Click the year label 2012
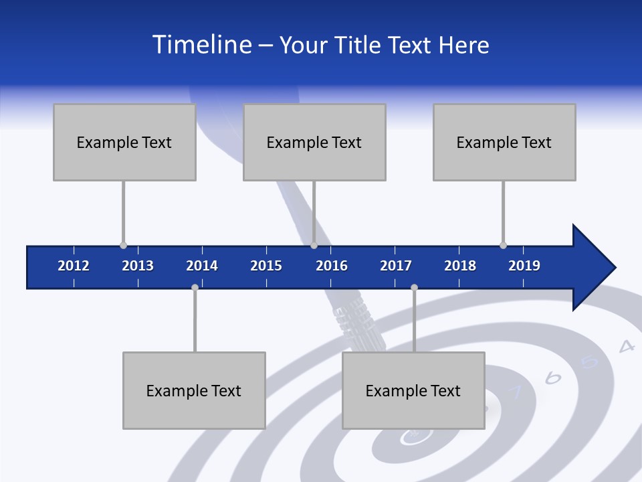[x=74, y=266]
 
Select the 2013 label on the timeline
[x=138, y=266]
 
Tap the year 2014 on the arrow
[x=202, y=266]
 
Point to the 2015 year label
[x=266, y=266]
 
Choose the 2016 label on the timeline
[x=332, y=266]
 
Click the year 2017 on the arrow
[x=396, y=266]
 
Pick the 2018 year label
[x=460, y=266]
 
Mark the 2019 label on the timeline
[x=524, y=266]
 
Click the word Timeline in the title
[x=201, y=45]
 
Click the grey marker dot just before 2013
[x=123, y=246]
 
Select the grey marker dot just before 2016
[x=314, y=246]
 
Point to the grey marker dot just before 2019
[x=503, y=246]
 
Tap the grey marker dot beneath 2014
[x=195, y=287]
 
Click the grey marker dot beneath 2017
[x=414, y=287]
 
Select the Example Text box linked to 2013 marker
[x=124, y=142]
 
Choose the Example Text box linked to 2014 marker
[x=194, y=390]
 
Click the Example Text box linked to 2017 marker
[x=413, y=390]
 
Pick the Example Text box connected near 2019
[x=504, y=142]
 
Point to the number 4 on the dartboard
[x=626, y=346]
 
